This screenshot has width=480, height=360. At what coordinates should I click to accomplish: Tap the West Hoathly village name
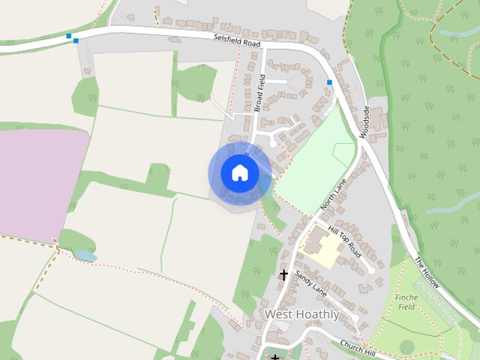click(x=301, y=314)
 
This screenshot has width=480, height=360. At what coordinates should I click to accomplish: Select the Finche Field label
click(x=406, y=301)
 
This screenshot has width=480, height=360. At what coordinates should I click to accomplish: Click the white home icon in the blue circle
click(x=239, y=173)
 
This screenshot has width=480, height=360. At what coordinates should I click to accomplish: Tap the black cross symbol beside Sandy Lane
click(x=283, y=274)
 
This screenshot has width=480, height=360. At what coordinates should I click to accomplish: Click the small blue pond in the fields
click(x=85, y=256)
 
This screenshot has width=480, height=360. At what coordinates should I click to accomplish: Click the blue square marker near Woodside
click(x=329, y=82)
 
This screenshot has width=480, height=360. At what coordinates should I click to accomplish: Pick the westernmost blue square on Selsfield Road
click(x=68, y=35)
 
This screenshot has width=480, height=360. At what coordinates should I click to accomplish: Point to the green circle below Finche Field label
click(x=407, y=346)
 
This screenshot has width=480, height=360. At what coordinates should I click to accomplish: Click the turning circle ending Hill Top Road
click(x=371, y=269)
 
